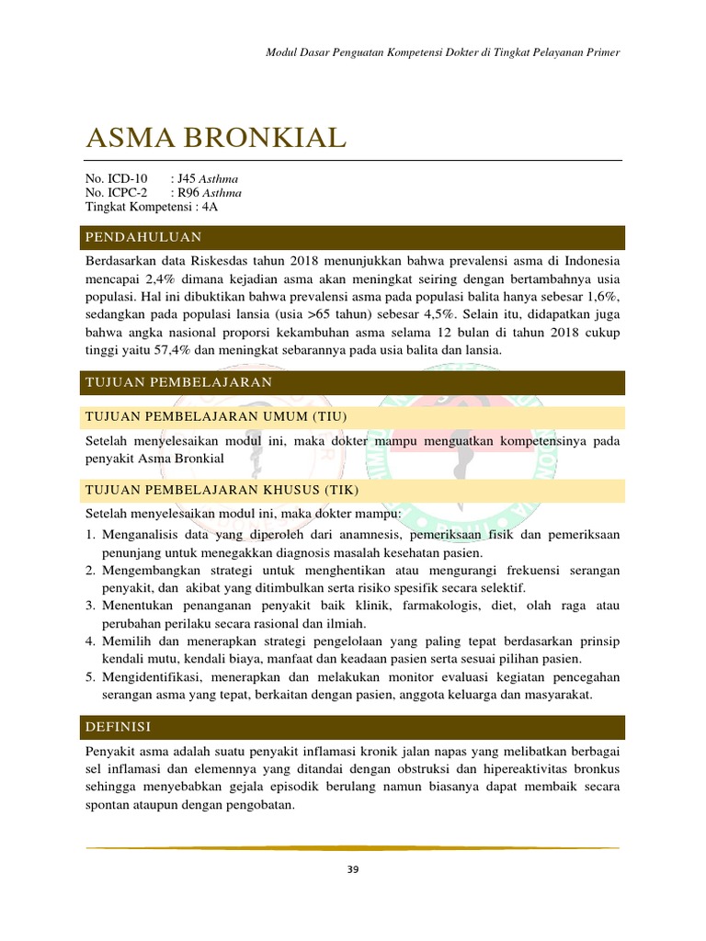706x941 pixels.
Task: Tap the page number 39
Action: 353,871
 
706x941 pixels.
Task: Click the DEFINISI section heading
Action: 118,727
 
